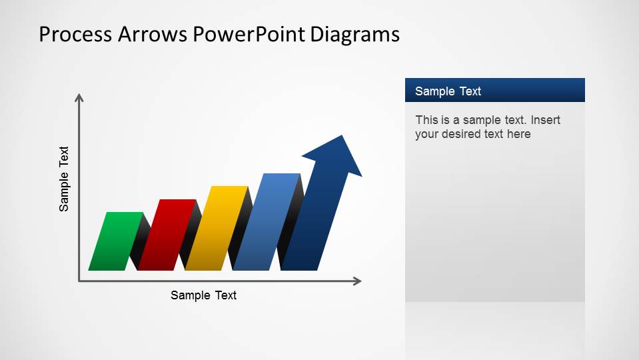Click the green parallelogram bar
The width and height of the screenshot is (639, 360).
tap(115, 241)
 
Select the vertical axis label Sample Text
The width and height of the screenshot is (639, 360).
tap(64, 179)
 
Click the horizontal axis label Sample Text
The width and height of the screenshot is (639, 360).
tap(203, 295)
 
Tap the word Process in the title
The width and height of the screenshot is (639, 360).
tap(75, 34)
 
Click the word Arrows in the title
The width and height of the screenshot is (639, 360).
tap(152, 34)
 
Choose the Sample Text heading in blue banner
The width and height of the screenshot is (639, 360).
tap(448, 91)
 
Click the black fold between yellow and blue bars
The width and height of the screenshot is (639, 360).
tap(238, 230)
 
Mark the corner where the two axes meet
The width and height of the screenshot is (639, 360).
tap(79, 281)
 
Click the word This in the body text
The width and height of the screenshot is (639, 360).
tap(426, 120)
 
